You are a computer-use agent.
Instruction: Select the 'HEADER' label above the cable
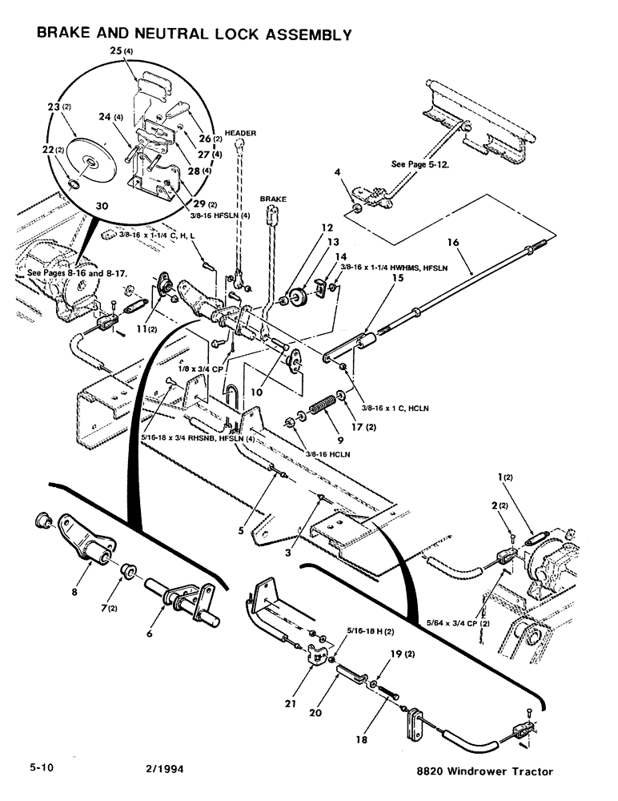pos(239,133)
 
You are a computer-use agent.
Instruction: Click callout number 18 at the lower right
pos(363,740)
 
